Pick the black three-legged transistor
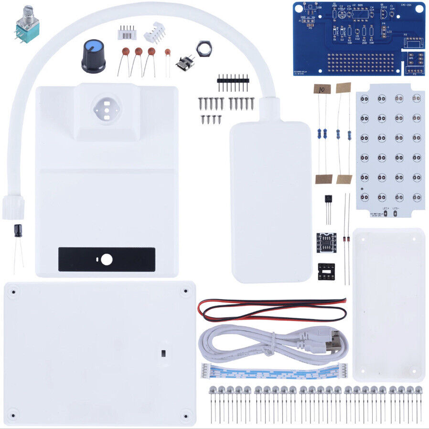pyautogui.click(x=328, y=200)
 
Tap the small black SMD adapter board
pyautogui.click(x=326, y=242)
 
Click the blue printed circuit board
pyautogui.click(x=358, y=38)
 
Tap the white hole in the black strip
pyautogui.click(x=107, y=259)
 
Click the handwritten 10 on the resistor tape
pyautogui.click(x=322, y=89)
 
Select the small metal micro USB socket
pyautogui.click(x=185, y=63)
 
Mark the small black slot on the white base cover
pyautogui.click(x=163, y=353)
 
